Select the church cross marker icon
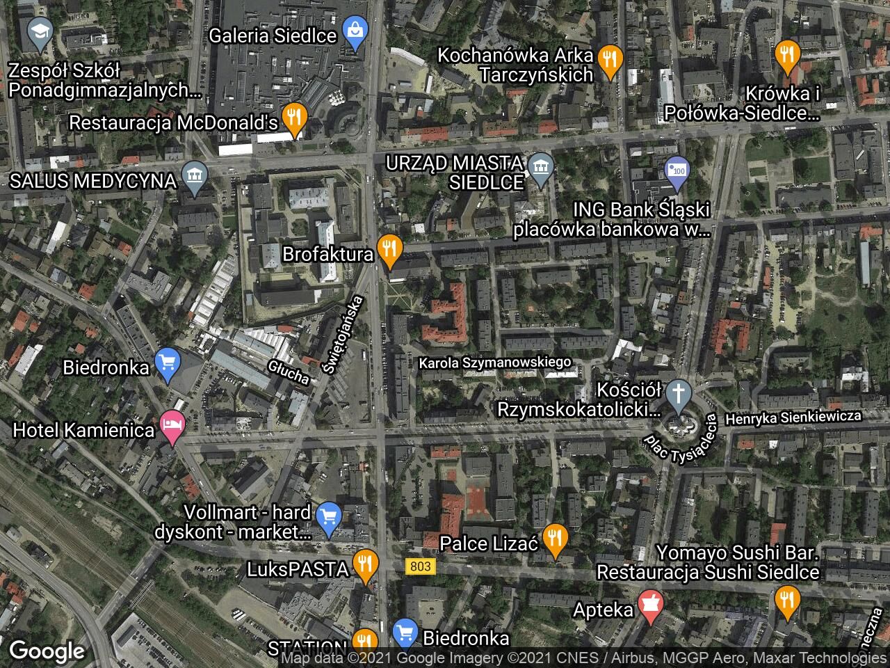[679, 393]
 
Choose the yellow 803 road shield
[420, 566]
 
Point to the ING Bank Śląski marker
[675, 173]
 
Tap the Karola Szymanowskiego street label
[494, 363]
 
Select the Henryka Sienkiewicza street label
[793, 417]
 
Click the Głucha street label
[289, 371]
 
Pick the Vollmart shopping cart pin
[328, 518]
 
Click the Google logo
[47, 651]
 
